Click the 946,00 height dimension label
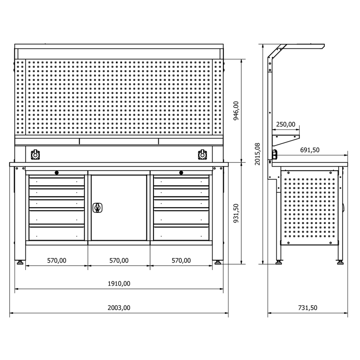coord(236,111)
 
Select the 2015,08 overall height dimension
coord(257,154)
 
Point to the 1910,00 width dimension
coord(119,284)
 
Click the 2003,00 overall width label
coord(119,308)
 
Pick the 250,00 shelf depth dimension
coord(286,124)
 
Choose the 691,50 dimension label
coord(310,150)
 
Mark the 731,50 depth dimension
coord(307,308)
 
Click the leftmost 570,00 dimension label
coord(57,261)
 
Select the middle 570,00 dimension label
coord(119,261)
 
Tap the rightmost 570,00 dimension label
coord(181,261)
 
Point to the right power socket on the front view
coord(202,154)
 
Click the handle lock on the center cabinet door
coord(97,207)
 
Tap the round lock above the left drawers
coord(57,173)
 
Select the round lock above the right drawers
coord(181,173)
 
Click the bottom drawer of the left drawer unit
coord(57,233)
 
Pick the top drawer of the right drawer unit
coord(181,181)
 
